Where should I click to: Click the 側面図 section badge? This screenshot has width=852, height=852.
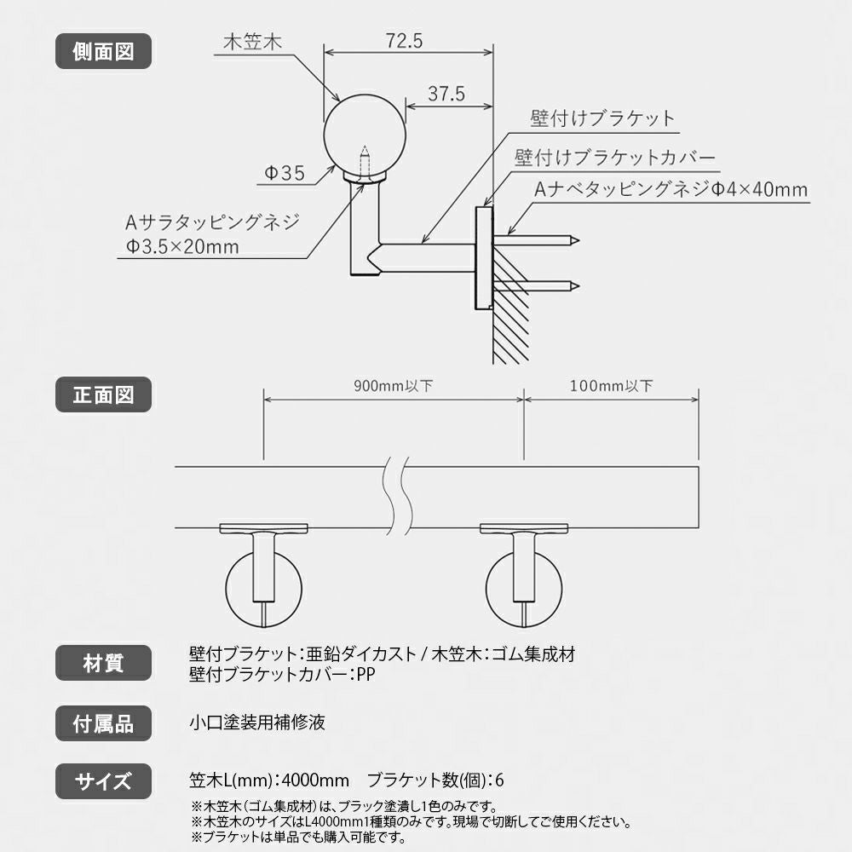tap(103, 51)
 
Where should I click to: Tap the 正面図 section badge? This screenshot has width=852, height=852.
tap(103, 394)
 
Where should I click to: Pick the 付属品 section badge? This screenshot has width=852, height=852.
tap(103, 724)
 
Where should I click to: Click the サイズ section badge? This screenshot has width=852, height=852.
tap(103, 780)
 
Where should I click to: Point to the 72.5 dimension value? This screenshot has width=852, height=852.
tap(404, 41)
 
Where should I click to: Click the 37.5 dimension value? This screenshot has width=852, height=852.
tap(446, 95)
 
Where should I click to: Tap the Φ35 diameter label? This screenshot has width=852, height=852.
tap(285, 174)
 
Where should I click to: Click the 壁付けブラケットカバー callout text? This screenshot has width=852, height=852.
tap(614, 158)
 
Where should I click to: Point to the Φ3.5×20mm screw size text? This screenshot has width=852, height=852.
tap(181, 248)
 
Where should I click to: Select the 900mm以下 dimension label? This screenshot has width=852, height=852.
tap(393, 386)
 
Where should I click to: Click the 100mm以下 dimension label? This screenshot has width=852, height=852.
tap(613, 386)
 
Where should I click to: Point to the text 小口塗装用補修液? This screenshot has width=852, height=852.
tap(257, 723)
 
